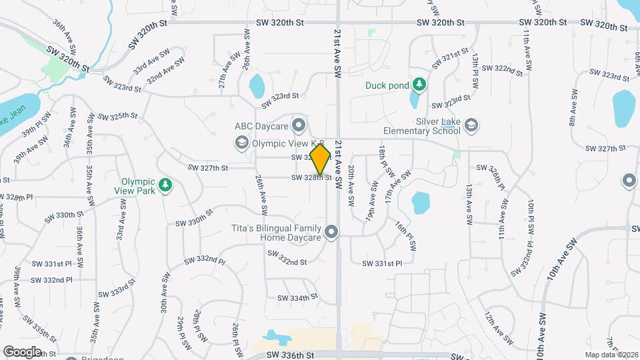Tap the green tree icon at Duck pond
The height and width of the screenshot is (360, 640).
[419, 85]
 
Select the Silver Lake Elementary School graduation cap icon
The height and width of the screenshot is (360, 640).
[472, 126]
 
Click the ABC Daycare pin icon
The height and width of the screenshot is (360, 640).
[299, 125]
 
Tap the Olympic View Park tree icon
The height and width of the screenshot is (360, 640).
[166, 185]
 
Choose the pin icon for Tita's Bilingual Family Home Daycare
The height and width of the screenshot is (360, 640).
[332, 232]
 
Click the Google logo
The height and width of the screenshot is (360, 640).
[22, 351]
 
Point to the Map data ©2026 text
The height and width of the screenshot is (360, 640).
[611, 354]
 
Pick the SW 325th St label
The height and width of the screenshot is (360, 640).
[117, 116]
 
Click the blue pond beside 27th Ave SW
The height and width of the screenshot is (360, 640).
[257, 86]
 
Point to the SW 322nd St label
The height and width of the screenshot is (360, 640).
[499, 69]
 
